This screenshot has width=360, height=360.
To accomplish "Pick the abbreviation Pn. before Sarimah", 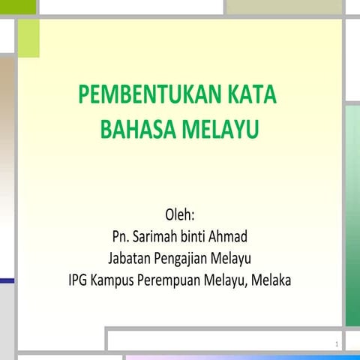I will pyautogui.click(x=118, y=238).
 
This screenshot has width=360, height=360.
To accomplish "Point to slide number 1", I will pyautogui.click(x=338, y=345).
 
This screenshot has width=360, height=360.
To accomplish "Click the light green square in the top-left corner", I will pyautogui.click(x=28, y=37).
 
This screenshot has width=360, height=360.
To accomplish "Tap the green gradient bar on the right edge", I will pyautogui.click(x=352, y=217).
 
